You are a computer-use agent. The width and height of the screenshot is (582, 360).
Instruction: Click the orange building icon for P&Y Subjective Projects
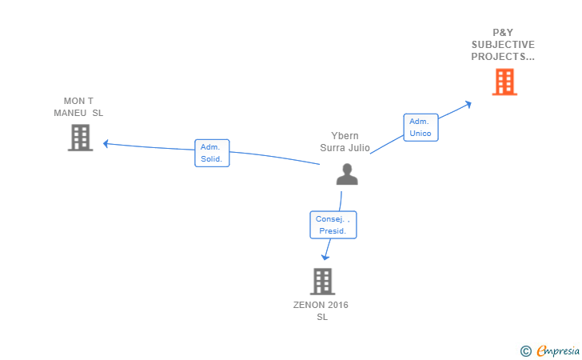pyautogui.click(x=504, y=82)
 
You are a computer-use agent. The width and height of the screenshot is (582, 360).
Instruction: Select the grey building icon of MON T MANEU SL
pyautogui.click(x=80, y=138)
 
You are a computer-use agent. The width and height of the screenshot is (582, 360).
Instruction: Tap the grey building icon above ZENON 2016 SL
pyautogui.click(x=321, y=282)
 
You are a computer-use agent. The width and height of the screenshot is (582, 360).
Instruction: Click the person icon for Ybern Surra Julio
pyautogui.click(x=347, y=174)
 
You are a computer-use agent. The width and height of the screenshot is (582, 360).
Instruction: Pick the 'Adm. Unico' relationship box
pyautogui.click(x=421, y=127)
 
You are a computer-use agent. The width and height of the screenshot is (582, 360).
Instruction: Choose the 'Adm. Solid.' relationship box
pyautogui.click(x=212, y=153)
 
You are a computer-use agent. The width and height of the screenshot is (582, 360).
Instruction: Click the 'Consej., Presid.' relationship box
pyautogui.click(x=333, y=225)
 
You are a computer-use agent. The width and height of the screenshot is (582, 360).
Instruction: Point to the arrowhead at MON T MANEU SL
pyautogui.click(x=106, y=144)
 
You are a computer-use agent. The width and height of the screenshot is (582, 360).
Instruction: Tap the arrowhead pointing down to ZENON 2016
pyautogui.click(x=325, y=258)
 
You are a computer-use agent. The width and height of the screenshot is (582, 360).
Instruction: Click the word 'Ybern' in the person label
pyautogui.click(x=345, y=136)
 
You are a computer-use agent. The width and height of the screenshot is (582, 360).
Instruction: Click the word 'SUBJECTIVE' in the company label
pyautogui.click(x=503, y=45)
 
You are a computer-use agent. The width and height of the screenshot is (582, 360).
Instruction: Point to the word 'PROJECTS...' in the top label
pyautogui.click(x=503, y=56)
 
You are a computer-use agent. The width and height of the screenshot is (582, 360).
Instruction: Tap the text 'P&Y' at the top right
pyautogui.click(x=503, y=33)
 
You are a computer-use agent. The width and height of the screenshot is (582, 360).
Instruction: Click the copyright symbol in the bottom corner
pyautogui.click(x=525, y=350)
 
